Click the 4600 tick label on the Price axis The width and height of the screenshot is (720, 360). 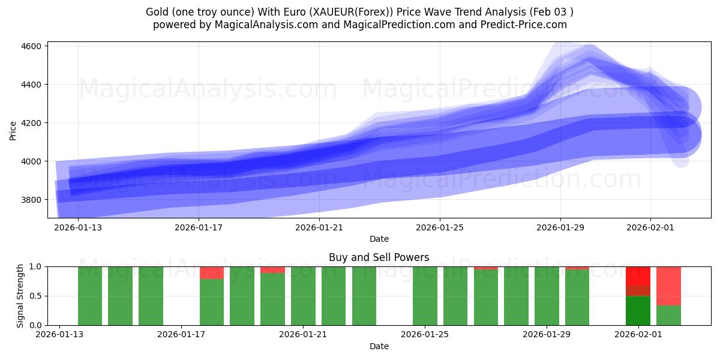31,46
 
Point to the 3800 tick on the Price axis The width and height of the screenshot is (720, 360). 31,200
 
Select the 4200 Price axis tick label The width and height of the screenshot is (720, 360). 31,123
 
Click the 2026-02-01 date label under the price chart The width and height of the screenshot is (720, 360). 650,227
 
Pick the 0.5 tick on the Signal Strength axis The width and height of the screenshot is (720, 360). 35,296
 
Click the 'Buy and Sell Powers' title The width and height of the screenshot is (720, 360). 379,257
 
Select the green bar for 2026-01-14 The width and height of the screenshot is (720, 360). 90,296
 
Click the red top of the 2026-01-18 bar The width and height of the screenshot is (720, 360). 212,272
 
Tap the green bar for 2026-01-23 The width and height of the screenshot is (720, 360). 364,296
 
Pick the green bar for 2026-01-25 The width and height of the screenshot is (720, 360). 425,296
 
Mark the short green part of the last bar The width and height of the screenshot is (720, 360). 668,316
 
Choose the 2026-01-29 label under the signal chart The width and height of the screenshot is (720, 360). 547,335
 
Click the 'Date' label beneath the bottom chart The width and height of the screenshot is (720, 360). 379,346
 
